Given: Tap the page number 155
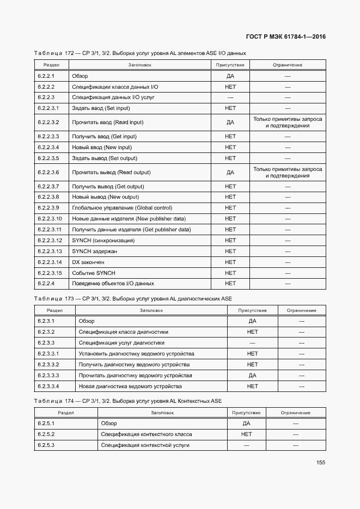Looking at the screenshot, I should coord(321,463).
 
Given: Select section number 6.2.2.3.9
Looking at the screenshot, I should coord(48,207).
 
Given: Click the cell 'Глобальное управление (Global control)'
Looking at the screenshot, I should coord(122,207).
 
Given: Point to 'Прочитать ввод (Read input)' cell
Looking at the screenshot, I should coord(108,122).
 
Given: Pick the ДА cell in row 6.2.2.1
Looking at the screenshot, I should coord(230,76).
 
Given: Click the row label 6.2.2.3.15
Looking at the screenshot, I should coord(50,273).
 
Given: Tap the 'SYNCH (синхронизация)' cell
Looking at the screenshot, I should coord(103,240).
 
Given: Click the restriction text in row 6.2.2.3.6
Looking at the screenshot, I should coord(288,173).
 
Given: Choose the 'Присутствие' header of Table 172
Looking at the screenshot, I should coord(230,65).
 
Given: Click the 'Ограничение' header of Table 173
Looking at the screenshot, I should coord(302,310).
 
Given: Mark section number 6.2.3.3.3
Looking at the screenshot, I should coord(48,376).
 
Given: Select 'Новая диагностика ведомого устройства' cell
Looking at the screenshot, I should coord(130,387).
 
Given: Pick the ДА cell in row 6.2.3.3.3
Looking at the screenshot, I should coord(252,376).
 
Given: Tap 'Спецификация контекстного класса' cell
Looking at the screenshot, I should coord(147,434).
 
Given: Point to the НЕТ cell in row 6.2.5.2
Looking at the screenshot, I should coord(246,434).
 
